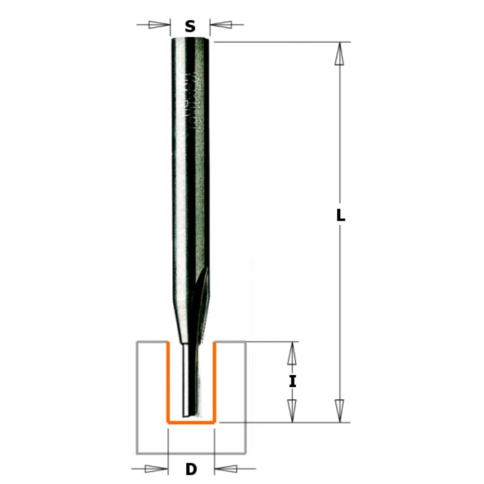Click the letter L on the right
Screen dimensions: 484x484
tap(341, 216)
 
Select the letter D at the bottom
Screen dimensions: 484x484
tap(192, 469)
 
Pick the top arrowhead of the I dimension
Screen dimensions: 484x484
tap(292, 353)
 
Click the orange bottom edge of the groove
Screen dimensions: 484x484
tap(191, 423)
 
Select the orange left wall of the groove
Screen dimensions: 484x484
tap(167, 382)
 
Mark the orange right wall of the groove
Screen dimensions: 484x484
tap(214, 382)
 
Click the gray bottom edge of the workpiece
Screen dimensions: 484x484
tap(191, 454)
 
